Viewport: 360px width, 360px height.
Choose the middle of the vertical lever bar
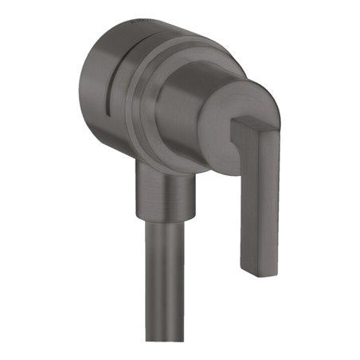click(x=260, y=199)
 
